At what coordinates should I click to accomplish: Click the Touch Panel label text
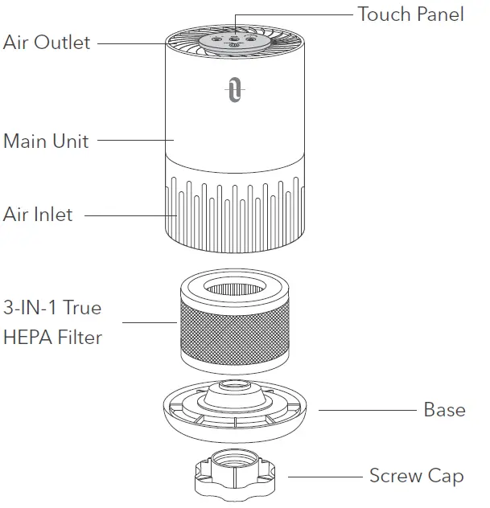click(x=410, y=14)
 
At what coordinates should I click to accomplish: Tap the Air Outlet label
click(x=47, y=43)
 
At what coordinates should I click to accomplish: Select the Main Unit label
click(x=46, y=141)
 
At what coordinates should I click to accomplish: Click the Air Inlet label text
click(x=38, y=215)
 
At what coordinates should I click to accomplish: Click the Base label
click(x=444, y=410)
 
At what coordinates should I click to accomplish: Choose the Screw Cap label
click(x=416, y=476)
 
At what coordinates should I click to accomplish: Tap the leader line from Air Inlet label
click(x=129, y=215)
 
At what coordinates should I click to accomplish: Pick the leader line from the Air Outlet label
click(x=133, y=43)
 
